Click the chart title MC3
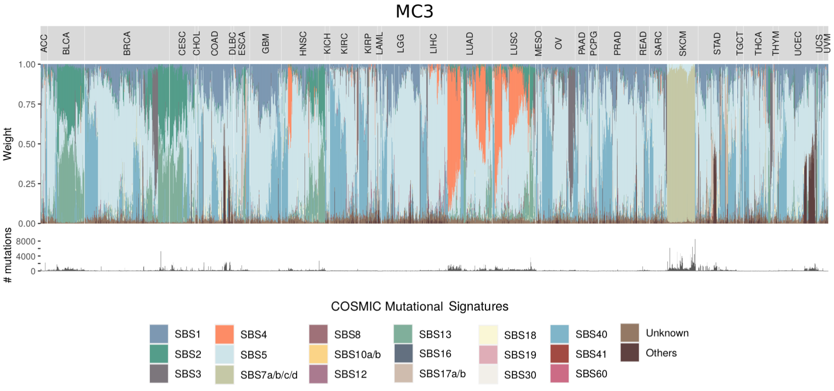click(x=414, y=11)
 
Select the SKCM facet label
click(x=682, y=44)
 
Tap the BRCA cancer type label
click(x=127, y=44)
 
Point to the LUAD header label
click(x=469, y=44)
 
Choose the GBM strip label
click(x=265, y=44)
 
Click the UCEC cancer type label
click(x=797, y=44)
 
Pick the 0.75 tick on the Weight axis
click(x=27, y=104)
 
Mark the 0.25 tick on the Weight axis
click(x=27, y=184)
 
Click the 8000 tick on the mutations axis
click(x=26, y=241)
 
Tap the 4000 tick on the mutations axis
click(x=26, y=257)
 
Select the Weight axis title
click(x=7, y=144)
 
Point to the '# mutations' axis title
click(x=7, y=255)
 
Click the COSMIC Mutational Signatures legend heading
click(x=420, y=306)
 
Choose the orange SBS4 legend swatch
click(x=224, y=334)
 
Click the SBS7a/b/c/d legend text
click(x=269, y=375)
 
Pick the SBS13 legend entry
click(x=435, y=334)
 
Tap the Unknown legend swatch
click(x=630, y=333)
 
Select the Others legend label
click(x=661, y=353)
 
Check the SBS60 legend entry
click(x=591, y=374)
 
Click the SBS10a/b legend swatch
click(x=318, y=354)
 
